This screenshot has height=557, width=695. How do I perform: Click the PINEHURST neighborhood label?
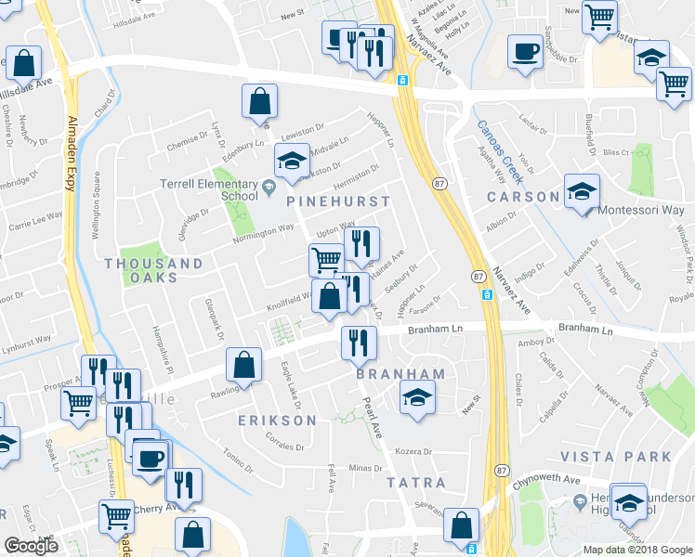pos(338,201)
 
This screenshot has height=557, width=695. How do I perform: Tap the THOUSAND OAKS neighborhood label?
pos(153,271)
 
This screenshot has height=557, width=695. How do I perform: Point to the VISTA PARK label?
pos(615,457)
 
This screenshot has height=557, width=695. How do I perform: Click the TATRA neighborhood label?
pos(416,484)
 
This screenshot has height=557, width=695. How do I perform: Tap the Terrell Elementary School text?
pos(208,189)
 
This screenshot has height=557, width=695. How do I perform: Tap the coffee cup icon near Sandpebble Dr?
pos(525,51)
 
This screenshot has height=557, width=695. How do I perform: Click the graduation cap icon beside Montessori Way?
pos(583,192)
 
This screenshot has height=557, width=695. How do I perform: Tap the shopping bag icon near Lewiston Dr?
pos(260,99)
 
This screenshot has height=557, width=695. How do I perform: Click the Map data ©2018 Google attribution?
pos(636,550)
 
